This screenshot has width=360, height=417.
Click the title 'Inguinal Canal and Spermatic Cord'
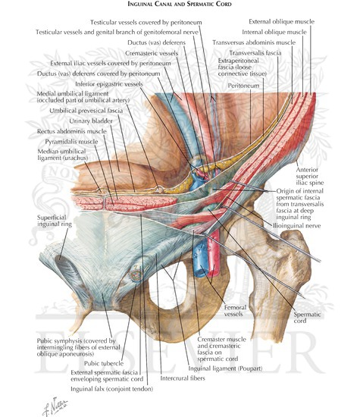(180, 4)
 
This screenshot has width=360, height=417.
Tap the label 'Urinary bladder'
(91, 121)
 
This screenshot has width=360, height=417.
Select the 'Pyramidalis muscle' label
(71, 142)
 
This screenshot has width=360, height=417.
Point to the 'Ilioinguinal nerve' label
(297, 226)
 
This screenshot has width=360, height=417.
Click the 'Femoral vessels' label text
(235, 311)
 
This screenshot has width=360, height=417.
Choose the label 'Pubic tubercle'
(104, 363)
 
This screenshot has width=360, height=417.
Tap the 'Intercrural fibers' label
(183, 378)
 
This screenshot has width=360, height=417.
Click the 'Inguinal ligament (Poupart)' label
(225, 368)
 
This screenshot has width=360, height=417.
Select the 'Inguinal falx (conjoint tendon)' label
(111, 389)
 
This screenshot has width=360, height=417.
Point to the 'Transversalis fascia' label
(255, 53)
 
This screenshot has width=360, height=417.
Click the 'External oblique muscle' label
(282, 21)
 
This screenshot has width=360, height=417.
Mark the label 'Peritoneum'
(243, 86)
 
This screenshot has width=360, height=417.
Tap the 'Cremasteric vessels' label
(152, 53)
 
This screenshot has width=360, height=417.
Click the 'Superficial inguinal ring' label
(55, 221)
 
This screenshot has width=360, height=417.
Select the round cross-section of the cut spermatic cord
(136, 274)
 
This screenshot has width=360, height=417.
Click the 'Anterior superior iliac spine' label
(310, 176)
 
